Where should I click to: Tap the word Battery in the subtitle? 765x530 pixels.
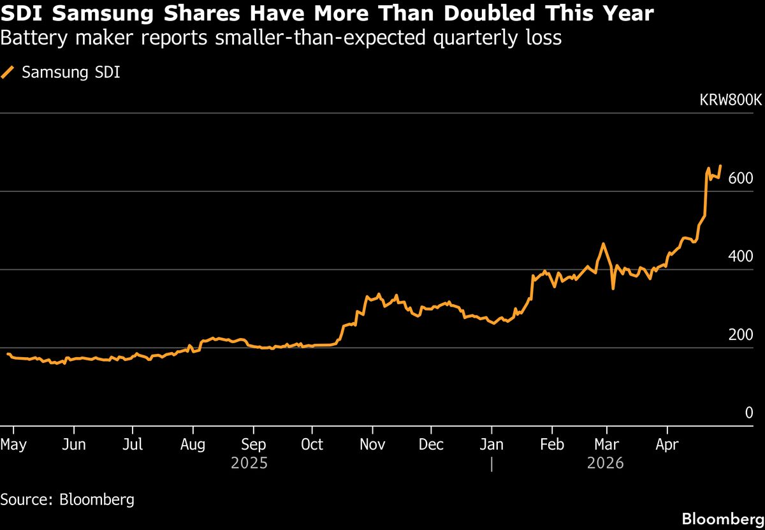click(29, 38)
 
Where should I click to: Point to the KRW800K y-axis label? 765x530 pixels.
click(730, 100)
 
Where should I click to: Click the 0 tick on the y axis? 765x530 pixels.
click(749, 413)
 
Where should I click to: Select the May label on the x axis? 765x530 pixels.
click(13, 444)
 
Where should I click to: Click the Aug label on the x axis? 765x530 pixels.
click(193, 444)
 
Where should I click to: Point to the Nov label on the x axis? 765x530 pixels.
click(373, 444)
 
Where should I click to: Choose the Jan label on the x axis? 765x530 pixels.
click(492, 444)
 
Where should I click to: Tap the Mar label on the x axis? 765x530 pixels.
click(607, 444)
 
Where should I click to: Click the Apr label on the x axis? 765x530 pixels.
click(667, 444)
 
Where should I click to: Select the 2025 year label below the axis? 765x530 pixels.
click(249, 462)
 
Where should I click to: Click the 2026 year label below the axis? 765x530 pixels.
click(605, 462)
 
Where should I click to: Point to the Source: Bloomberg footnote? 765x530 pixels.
click(67, 499)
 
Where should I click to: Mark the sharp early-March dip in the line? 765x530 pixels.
click(613, 288)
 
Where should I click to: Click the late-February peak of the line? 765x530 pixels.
click(602, 244)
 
